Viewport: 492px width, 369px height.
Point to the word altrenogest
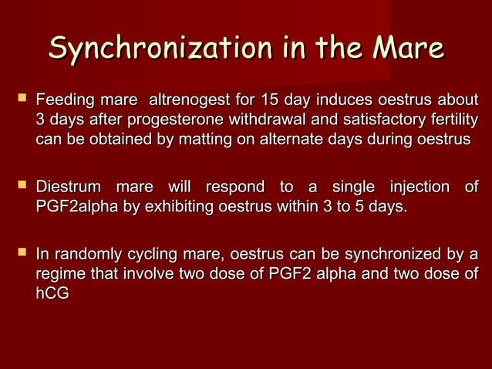[x=186, y=100]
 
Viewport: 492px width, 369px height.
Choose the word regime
[x=60, y=274]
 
